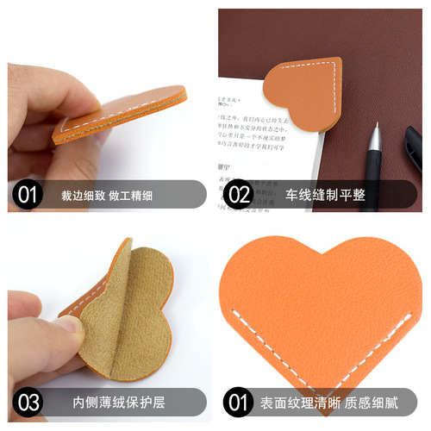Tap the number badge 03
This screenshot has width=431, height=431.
(28, 402)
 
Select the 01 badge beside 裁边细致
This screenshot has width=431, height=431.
(28, 195)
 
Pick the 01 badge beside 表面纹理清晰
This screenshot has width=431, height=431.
(238, 402)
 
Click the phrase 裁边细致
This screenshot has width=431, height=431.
(84, 195)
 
